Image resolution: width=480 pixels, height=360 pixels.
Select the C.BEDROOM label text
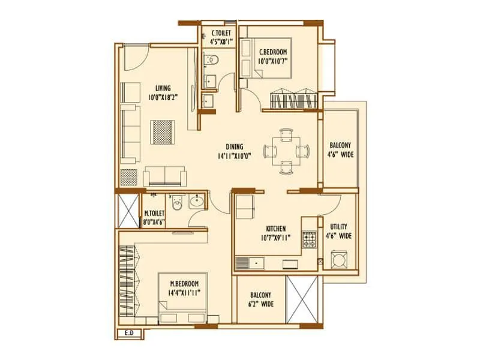pyautogui.click(x=272, y=52)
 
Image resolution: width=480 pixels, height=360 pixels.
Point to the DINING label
pyautogui.click(x=234, y=146)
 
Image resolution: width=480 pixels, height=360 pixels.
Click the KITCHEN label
pyautogui.click(x=275, y=229)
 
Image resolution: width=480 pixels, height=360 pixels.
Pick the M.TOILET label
pyautogui.click(x=154, y=212)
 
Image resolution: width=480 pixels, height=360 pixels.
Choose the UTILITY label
pyautogui.click(x=338, y=227)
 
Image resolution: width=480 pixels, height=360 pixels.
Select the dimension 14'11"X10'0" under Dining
pyautogui.click(x=234, y=155)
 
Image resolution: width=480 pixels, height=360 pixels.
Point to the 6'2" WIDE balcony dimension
pyautogui.click(x=260, y=304)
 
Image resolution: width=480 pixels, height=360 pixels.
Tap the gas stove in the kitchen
pyautogui.click(x=310, y=240)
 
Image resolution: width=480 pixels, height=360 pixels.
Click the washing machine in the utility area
pyautogui.click(x=339, y=260)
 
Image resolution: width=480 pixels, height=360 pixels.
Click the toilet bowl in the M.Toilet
pyautogui.click(x=176, y=203)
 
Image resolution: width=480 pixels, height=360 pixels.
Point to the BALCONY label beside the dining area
pyautogui.click(x=340, y=145)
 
